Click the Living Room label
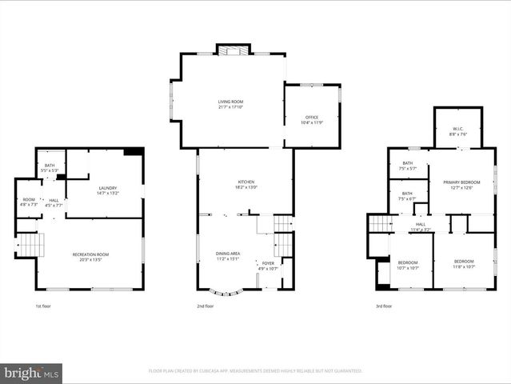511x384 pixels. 230,104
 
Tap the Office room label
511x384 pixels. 312,120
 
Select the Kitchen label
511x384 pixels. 246,185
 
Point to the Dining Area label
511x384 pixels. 228,256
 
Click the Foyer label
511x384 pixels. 268,266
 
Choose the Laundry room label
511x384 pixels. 106,190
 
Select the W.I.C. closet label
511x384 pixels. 457,132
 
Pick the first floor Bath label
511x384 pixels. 50,168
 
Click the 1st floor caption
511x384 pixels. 44,306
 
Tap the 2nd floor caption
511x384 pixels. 206,306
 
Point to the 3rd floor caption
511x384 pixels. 384,306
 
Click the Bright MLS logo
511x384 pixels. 31,372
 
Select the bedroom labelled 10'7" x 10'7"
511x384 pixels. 408,265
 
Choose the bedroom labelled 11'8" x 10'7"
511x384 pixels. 464,264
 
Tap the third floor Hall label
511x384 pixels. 421,227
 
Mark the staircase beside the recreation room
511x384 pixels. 28,244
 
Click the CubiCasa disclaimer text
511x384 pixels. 255,371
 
